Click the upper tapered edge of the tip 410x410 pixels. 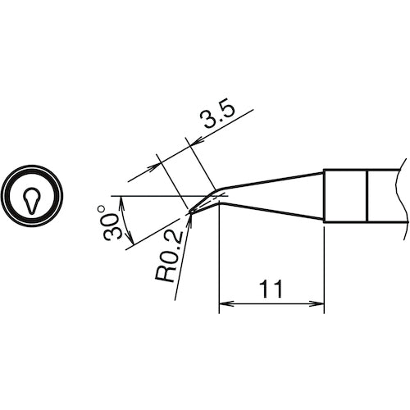pos(271,180)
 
